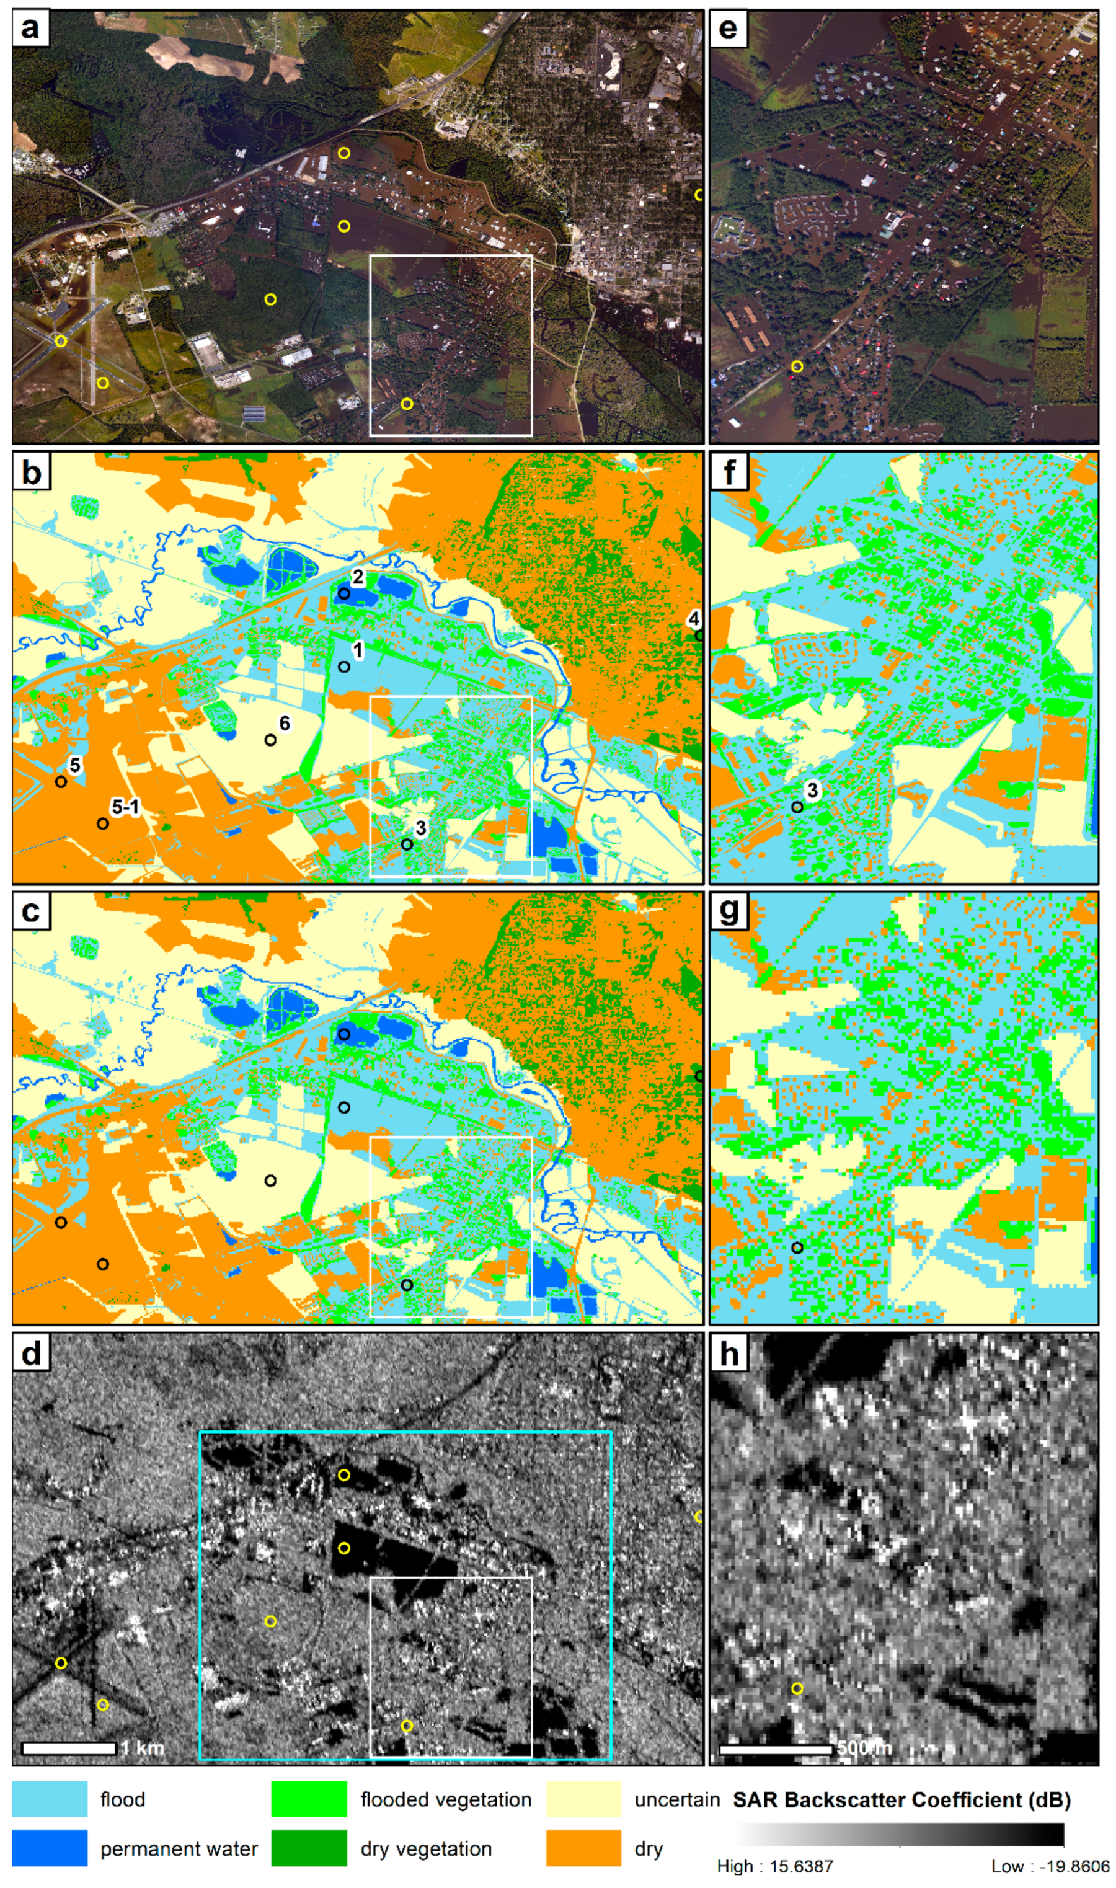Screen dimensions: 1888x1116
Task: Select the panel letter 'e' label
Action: [x=727, y=29]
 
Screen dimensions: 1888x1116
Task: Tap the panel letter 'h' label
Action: [x=728, y=1354]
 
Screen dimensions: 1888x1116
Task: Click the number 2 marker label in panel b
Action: [x=358, y=577]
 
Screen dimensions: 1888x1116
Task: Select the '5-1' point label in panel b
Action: [x=125, y=807]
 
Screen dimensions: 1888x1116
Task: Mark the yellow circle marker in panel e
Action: [x=797, y=367]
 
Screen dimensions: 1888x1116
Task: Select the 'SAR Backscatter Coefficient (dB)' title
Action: [x=901, y=1799]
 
